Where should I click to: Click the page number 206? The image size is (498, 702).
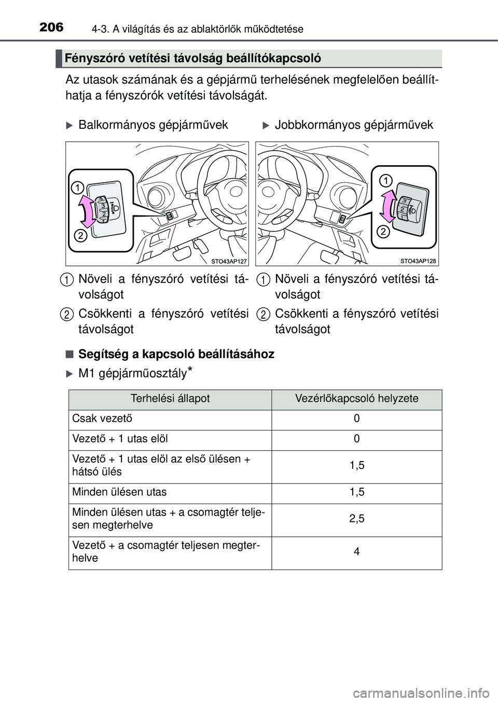coord(50,27)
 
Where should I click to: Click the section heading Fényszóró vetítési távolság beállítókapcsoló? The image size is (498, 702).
coord(193,59)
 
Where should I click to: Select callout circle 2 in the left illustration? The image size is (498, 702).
coord(80,236)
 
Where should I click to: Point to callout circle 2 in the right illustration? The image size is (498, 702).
coord(382,232)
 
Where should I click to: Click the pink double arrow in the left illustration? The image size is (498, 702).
coord(88,211)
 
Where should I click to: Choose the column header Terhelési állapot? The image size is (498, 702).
coord(170,399)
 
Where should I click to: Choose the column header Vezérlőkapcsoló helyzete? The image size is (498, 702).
coord(356,399)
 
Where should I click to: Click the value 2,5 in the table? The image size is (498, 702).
coord(357,519)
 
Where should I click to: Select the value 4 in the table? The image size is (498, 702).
coord(357,552)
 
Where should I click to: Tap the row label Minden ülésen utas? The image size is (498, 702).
coord(119,492)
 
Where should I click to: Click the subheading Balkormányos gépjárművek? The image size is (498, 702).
coord(153,125)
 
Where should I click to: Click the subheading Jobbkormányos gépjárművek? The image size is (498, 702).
coord(354,125)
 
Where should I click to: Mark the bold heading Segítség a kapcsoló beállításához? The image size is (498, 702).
coord(176,354)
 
